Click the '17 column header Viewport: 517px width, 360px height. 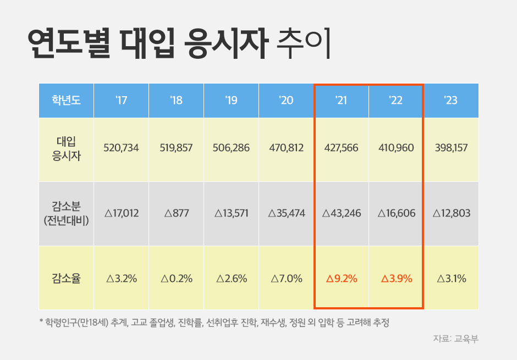coord(121,101)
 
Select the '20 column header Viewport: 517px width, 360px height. coord(286,101)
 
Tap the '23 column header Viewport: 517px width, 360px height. coord(451,101)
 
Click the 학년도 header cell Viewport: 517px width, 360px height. coord(66,101)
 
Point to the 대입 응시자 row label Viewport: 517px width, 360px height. coord(66,148)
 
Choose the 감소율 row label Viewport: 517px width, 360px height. coord(66,278)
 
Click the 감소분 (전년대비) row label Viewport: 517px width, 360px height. coord(66,213)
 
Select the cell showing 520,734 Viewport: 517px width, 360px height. coord(121,148)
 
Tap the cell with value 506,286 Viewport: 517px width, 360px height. coord(231,148)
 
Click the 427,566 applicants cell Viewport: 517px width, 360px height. coord(341,148)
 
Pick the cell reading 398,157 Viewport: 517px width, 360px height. coord(451,148)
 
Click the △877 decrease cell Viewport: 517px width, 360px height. coord(176,213)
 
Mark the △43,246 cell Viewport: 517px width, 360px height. coord(341,213)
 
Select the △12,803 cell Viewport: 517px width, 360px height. coord(451,213)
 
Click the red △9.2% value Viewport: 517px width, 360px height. coord(342,279)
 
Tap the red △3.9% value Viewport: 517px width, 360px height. coord(397,279)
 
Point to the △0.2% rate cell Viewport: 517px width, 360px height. coord(176,279)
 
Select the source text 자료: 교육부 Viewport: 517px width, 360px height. coord(456,339)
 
